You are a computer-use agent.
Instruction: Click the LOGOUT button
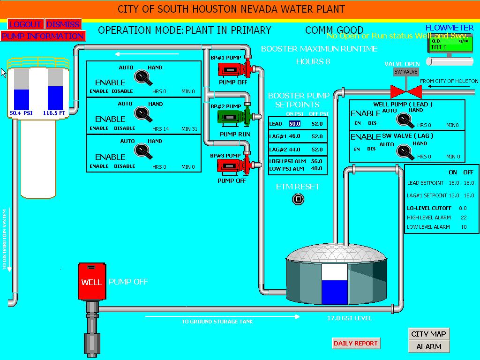click(25, 24)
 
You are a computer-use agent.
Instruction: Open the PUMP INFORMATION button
click(43, 36)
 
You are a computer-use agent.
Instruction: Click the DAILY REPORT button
click(355, 344)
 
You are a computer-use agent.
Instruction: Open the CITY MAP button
click(428, 334)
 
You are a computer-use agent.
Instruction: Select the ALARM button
click(428, 346)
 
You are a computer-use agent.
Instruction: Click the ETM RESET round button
click(298, 200)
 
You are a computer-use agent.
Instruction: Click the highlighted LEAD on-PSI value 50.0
click(294, 124)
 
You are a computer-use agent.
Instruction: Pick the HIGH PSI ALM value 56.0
click(317, 161)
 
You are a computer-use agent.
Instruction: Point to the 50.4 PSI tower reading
click(21, 113)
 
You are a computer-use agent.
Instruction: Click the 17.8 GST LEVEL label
click(349, 318)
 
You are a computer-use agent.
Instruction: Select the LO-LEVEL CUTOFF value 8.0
click(463, 208)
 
